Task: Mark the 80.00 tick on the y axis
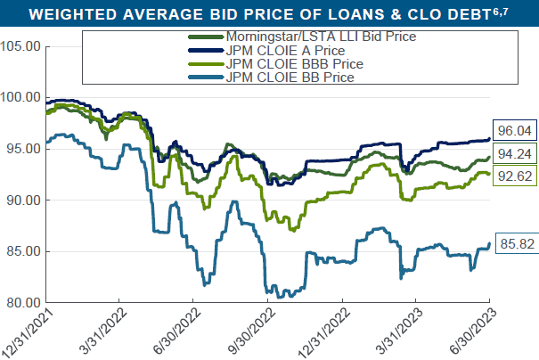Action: point(22,303)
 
